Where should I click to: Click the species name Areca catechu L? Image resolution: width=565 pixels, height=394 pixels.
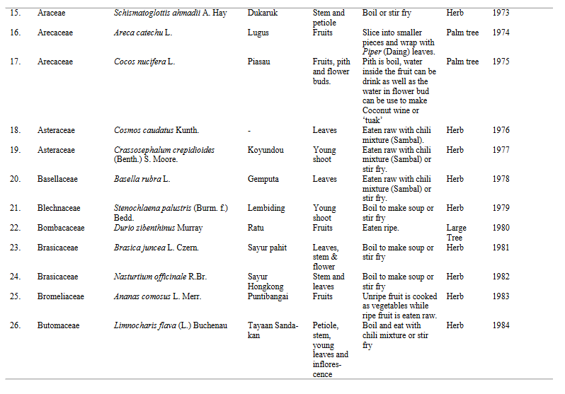[x=144, y=33]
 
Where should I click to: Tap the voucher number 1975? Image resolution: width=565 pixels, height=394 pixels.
[x=501, y=62]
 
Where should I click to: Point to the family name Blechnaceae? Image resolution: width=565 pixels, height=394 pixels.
[x=59, y=208]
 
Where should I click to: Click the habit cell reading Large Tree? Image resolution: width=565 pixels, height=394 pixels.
[x=457, y=233]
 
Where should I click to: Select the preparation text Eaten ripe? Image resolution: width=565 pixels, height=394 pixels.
[x=381, y=228]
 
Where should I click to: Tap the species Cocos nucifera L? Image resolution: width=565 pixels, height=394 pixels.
[x=144, y=62]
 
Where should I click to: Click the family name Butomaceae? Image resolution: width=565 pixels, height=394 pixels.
[x=59, y=325]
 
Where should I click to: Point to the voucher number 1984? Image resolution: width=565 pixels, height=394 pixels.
[x=501, y=325]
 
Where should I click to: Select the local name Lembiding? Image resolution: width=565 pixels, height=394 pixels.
[x=267, y=208]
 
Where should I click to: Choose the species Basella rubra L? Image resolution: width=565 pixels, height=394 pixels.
[x=142, y=179]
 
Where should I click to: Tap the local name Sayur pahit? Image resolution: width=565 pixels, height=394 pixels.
[x=268, y=248]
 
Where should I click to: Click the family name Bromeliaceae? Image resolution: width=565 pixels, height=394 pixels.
[x=61, y=296]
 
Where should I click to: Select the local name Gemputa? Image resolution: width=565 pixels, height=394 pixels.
[x=264, y=179]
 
